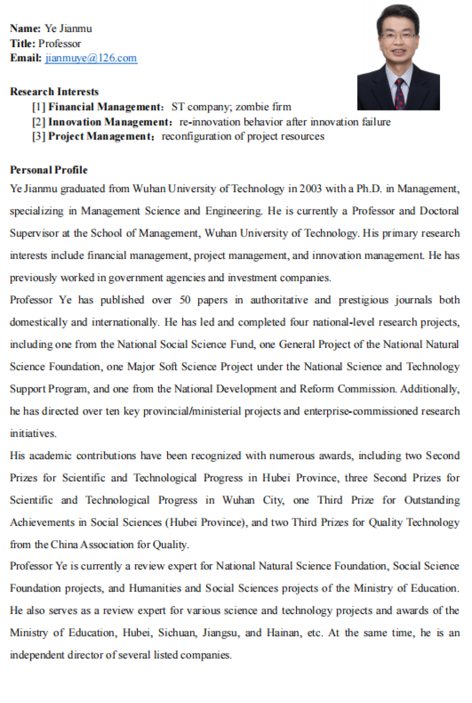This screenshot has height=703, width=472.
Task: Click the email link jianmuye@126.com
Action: point(91,58)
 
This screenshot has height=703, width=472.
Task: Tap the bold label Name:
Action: point(25,28)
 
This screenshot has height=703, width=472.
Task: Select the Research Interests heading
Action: point(54,92)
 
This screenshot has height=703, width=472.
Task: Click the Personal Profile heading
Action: point(49,170)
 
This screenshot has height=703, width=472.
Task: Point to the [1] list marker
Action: point(39,107)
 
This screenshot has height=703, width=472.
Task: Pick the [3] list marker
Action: point(39,137)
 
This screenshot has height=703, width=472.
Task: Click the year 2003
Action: point(310,189)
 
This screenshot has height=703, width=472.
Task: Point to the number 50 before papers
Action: point(185,300)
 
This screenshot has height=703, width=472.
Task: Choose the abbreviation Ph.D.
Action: point(369,189)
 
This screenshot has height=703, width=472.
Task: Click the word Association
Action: point(107,545)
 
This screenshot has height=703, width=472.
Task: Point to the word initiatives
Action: point(33,434)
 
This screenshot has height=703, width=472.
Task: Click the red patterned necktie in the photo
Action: point(400,94)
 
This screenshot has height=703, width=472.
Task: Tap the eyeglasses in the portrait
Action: point(398,35)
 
